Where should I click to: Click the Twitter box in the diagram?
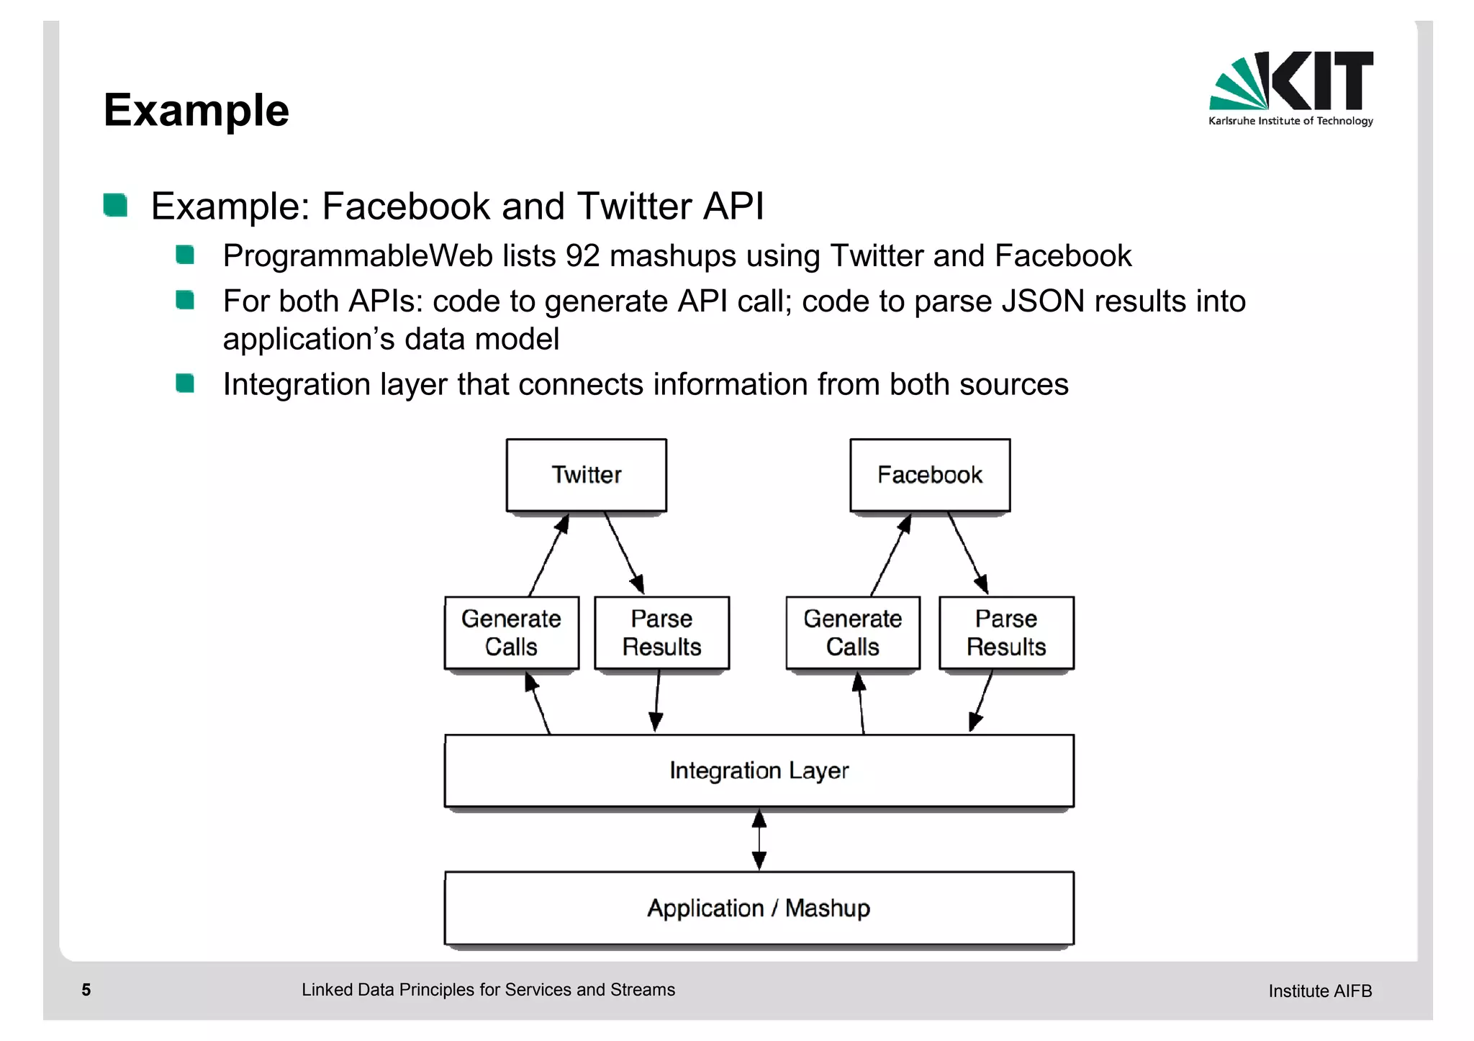[586, 475]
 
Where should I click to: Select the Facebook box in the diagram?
[929, 475]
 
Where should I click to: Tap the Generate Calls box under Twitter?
[511, 632]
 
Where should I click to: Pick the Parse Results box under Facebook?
[1005, 632]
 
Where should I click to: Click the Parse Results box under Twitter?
[661, 632]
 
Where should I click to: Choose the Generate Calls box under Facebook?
[852, 632]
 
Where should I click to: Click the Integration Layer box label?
[759, 770]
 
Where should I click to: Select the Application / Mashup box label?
[759, 908]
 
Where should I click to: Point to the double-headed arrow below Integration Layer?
[759, 840]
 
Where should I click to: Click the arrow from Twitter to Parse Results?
[623, 552]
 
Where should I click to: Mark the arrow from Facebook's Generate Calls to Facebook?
[891, 555]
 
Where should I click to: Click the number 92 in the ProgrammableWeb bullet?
[582, 256]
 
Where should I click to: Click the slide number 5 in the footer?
[86, 990]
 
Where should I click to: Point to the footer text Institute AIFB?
[1319, 991]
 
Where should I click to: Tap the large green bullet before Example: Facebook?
[115, 205]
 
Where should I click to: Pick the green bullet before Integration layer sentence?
[185, 383]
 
